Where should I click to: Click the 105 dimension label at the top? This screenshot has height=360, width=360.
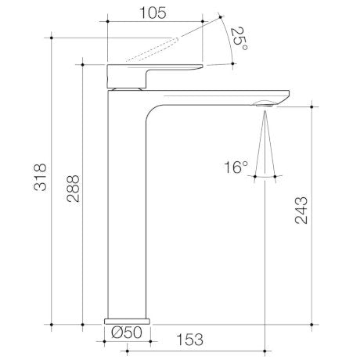154,13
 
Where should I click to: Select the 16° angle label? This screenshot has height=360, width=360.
236,166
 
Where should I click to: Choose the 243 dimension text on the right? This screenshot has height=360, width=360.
301,211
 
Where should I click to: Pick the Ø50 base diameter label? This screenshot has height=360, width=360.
126,333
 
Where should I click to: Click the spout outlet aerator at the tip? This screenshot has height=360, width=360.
268,102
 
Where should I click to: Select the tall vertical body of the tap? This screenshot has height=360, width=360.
126,211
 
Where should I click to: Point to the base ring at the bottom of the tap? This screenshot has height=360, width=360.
126,320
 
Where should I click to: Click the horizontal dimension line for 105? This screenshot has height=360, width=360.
154,23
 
